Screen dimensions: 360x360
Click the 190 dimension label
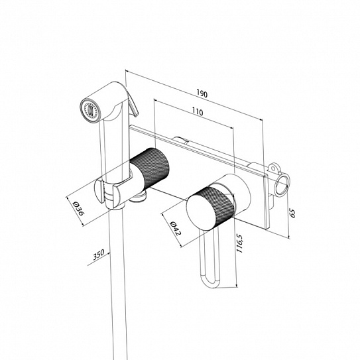[x=202, y=94]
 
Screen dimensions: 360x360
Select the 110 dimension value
[x=198, y=112]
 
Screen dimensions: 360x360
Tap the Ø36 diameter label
[x=78, y=209]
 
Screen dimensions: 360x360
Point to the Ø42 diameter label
[x=176, y=228]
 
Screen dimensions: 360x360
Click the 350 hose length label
[x=99, y=255]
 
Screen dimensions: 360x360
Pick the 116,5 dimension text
[x=239, y=243]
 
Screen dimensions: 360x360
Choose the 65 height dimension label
[x=292, y=213]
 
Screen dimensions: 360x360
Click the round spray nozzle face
[x=90, y=110]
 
